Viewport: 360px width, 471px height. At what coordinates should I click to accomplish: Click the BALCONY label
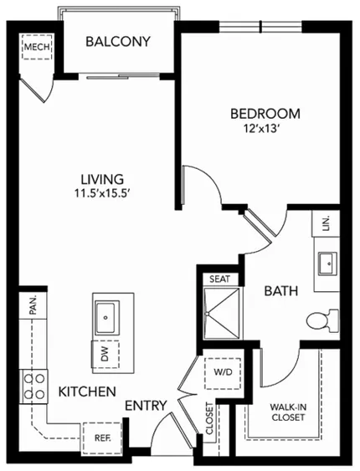click(118, 42)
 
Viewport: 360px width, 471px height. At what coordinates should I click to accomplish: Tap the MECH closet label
click(37, 47)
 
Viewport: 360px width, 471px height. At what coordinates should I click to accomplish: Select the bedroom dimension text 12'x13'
click(262, 129)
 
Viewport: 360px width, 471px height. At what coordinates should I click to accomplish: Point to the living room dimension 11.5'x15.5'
click(102, 193)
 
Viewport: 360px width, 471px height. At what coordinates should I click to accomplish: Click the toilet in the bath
click(322, 320)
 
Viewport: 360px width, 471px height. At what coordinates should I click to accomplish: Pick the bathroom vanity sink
click(327, 264)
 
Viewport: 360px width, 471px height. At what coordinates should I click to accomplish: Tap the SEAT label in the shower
click(219, 279)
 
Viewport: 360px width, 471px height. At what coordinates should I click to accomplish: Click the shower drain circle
click(207, 314)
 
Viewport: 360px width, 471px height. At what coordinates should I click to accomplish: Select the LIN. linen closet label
click(327, 223)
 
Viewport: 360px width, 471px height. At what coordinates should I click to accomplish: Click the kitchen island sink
click(105, 318)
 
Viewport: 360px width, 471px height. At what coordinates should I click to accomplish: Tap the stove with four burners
click(33, 387)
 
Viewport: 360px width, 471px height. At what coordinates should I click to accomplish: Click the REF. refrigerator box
click(102, 438)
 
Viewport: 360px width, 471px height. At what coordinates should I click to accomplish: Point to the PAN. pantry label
click(33, 305)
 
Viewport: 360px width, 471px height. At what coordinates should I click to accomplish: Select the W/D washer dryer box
click(223, 373)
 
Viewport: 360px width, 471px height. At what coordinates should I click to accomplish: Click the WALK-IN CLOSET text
click(288, 412)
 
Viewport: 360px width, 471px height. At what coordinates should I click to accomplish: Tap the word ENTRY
click(146, 406)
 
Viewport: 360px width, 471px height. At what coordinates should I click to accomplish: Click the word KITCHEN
click(87, 392)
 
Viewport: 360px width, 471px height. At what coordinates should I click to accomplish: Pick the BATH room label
click(281, 291)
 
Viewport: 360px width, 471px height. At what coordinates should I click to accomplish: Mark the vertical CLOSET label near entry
click(209, 418)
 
